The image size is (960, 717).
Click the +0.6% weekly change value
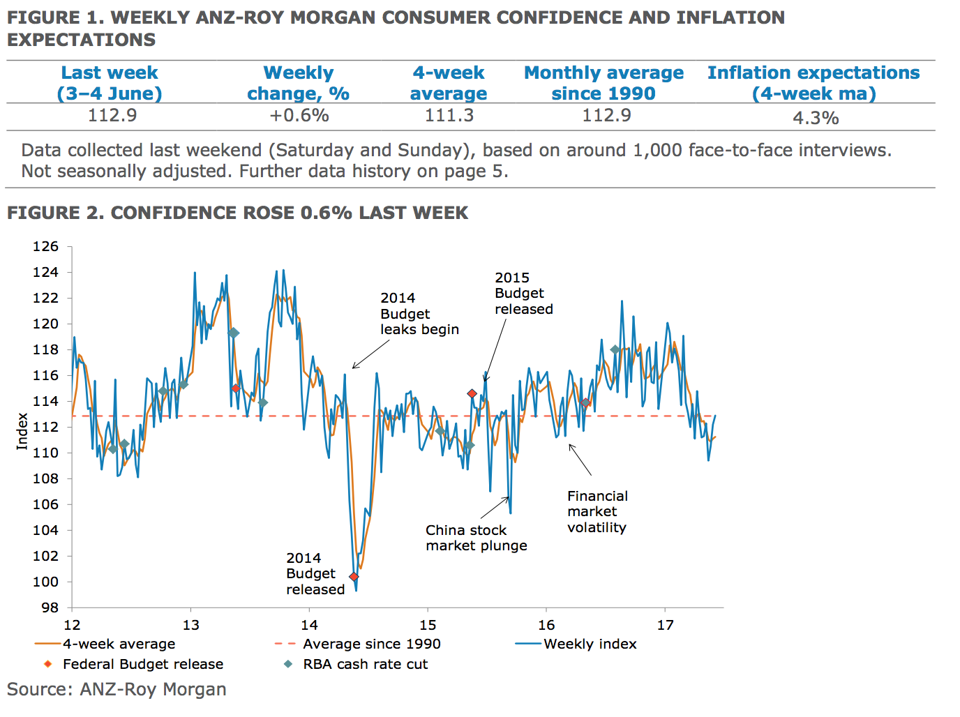pyautogui.click(x=299, y=115)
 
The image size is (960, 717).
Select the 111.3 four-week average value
pyautogui.click(x=449, y=115)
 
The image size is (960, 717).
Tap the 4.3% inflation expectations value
pyautogui.click(x=816, y=118)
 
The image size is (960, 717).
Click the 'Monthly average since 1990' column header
pyautogui.click(x=603, y=83)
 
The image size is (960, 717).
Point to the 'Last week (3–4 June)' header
pyautogui.click(x=110, y=83)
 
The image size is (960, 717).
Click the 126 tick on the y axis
pyautogui.click(x=46, y=246)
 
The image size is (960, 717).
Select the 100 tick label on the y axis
pyautogui.click(x=46, y=582)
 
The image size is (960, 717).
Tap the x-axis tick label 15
pyautogui.click(x=428, y=625)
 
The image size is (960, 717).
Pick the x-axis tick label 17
pyautogui.click(x=665, y=625)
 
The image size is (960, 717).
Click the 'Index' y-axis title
pyautogui.click(x=22, y=431)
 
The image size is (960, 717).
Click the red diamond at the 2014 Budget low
pyautogui.click(x=354, y=577)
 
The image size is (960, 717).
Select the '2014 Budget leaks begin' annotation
pyautogui.click(x=419, y=314)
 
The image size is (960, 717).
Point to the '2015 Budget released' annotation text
pyautogui.click(x=523, y=294)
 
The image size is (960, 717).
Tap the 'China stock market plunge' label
pyautogui.click(x=476, y=538)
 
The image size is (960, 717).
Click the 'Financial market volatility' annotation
pyautogui.click(x=597, y=512)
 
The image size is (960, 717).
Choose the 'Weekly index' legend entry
pyautogui.click(x=590, y=644)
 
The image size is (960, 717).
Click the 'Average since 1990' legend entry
pyautogui.click(x=371, y=644)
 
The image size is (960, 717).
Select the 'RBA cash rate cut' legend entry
pyautogui.click(x=365, y=664)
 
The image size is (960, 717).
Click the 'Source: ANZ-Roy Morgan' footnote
pyautogui.click(x=117, y=689)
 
